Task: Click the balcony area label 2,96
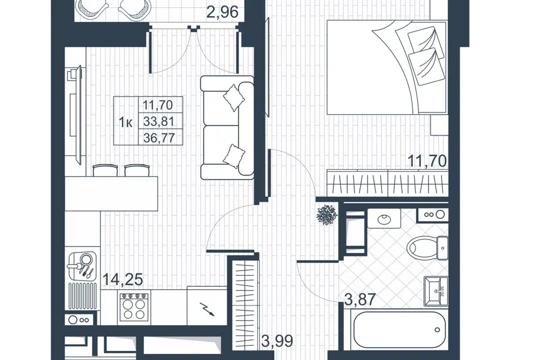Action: pos(223,12)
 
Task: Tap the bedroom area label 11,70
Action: pos(427,161)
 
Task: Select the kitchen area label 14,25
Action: pos(123,280)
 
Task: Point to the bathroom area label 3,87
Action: pos(360,299)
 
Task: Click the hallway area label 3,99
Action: pos(277,341)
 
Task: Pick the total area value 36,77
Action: pos(159,138)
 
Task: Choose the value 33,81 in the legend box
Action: pos(159,121)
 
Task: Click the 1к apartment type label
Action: pos(125,122)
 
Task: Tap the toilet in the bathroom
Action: pos(427,247)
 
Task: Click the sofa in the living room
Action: pos(227,128)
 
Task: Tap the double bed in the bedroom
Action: pos(387,67)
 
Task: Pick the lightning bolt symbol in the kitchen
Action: pos(208,309)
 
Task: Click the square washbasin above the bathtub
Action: pos(436,291)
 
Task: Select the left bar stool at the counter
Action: pos(105,170)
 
